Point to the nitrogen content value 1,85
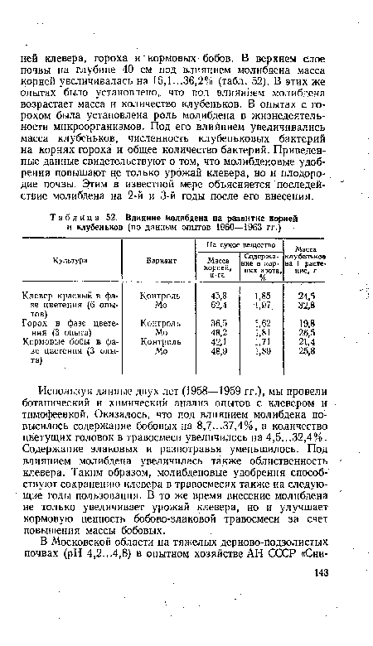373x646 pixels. coord(261,296)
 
